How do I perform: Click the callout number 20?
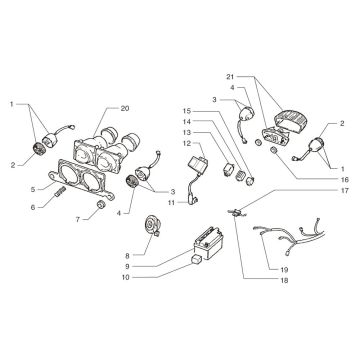pyautogui.click(x=125, y=108)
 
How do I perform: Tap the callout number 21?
pyautogui.click(x=230, y=77)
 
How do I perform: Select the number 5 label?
pyautogui.click(x=33, y=190)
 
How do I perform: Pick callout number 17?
pyautogui.click(x=345, y=191)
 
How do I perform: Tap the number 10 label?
pyautogui.click(x=125, y=277)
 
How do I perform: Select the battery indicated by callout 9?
pyautogui.click(x=206, y=242)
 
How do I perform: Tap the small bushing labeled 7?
pyautogui.click(x=101, y=205)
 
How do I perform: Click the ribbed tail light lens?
pyautogui.click(x=291, y=120)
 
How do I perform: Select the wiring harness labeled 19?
pyautogui.click(x=289, y=237)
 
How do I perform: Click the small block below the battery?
pyautogui.click(x=196, y=259)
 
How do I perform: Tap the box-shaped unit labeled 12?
pyautogui.click(x=199, y=164)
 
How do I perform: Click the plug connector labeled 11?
pyautogui.click(x=193, y=200)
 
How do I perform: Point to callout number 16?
pyautogui.click(x=345, y=180)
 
